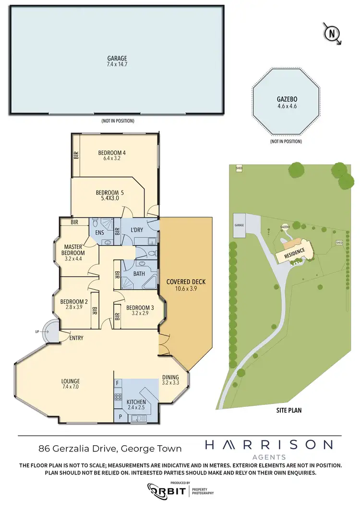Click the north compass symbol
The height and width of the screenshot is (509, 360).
point(331,33)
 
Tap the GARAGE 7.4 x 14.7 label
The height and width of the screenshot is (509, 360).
point(117,61)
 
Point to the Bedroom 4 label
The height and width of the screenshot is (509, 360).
point(112,156)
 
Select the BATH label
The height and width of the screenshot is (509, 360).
point(139,274)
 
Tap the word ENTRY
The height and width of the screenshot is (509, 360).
point(76,338)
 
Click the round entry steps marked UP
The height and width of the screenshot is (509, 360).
point(49,331)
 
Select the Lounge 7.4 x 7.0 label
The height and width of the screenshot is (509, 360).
point(71,384)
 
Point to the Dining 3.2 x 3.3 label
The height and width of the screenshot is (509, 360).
point(170,379)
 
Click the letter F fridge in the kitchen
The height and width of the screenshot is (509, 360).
point(118,383)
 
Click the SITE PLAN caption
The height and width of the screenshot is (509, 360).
point(288,411)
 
